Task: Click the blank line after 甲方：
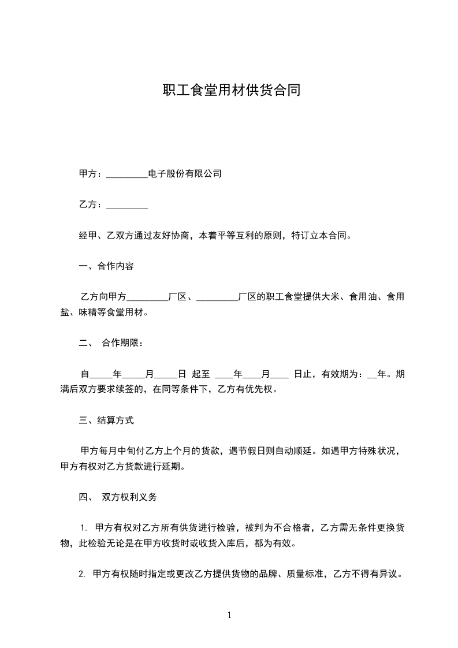[x=128, y=174]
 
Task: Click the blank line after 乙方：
[x=128, y=205]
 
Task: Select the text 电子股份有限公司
[x=185, y=173]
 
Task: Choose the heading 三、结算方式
[x=106, y=420]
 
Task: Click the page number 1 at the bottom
[x=229, y=615]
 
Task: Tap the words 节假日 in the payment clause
[x=259, y=451]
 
